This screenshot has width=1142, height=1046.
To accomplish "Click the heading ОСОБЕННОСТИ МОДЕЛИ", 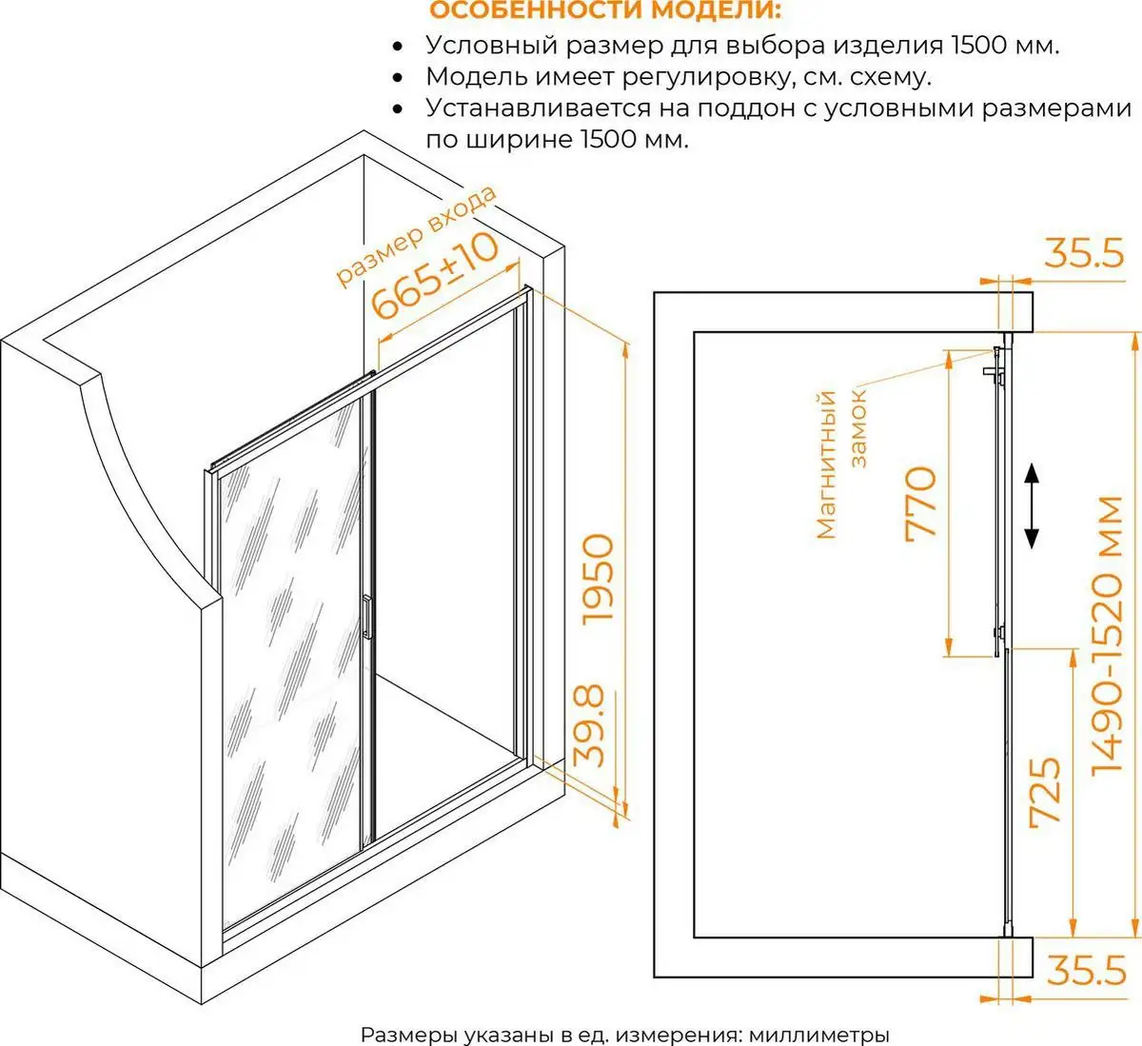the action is click(604, 10).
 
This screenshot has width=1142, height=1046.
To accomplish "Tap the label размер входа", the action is click(416, 236).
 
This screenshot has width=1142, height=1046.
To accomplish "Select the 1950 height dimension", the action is click(599, 579).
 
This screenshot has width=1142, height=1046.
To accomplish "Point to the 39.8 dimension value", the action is click(588, 726).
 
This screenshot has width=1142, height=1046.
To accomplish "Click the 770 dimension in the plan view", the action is click(920, 503).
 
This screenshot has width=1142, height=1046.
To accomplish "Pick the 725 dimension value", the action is click(1046, 792).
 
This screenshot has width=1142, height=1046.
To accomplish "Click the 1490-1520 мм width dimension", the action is click(1108, 635).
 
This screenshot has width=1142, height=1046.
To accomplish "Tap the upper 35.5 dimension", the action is click(1085, 253).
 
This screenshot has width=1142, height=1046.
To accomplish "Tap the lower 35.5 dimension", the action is click(1086, 970).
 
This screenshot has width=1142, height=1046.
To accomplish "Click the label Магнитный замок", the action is click(841, 464).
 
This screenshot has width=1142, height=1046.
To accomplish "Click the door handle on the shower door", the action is click(367, 617).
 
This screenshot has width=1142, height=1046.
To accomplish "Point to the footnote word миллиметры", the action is click(818, 1034).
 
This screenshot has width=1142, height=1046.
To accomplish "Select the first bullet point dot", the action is click(398, 46).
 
